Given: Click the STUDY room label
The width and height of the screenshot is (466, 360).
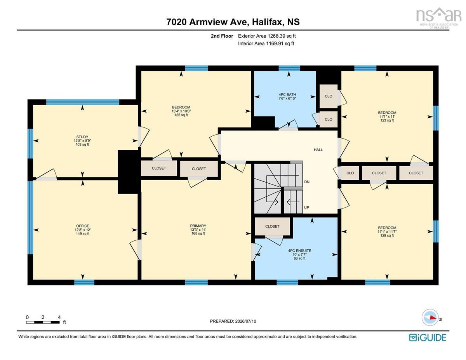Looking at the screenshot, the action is [82, 137].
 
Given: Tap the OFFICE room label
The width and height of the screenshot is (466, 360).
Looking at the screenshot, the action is [83, 226].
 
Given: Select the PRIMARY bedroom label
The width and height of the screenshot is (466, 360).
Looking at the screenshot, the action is [198, 226].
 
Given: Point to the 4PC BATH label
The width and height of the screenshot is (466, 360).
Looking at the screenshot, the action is [287, 94].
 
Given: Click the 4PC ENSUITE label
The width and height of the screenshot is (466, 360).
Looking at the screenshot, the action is [299, 250].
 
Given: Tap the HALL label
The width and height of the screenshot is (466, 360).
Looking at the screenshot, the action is [318, 150].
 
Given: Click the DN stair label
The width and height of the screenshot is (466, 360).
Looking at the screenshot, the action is [307, 182].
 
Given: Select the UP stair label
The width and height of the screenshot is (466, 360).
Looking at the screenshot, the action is [307, 207].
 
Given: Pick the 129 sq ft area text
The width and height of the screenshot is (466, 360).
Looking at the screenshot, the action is [387, 235].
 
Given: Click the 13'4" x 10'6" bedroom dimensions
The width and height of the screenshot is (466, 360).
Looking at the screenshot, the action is [181, 111].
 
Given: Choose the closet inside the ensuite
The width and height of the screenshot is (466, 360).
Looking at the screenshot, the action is [272, 226].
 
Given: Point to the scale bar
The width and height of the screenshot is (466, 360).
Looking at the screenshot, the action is [43, 322].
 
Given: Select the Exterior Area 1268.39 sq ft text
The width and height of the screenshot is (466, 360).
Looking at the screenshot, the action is [267, 36].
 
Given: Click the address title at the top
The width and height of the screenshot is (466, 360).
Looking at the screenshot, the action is [233, 22].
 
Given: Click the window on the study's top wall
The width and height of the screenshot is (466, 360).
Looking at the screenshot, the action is [83, 102].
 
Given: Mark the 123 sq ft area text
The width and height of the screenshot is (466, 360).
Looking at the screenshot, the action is [387, 120].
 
